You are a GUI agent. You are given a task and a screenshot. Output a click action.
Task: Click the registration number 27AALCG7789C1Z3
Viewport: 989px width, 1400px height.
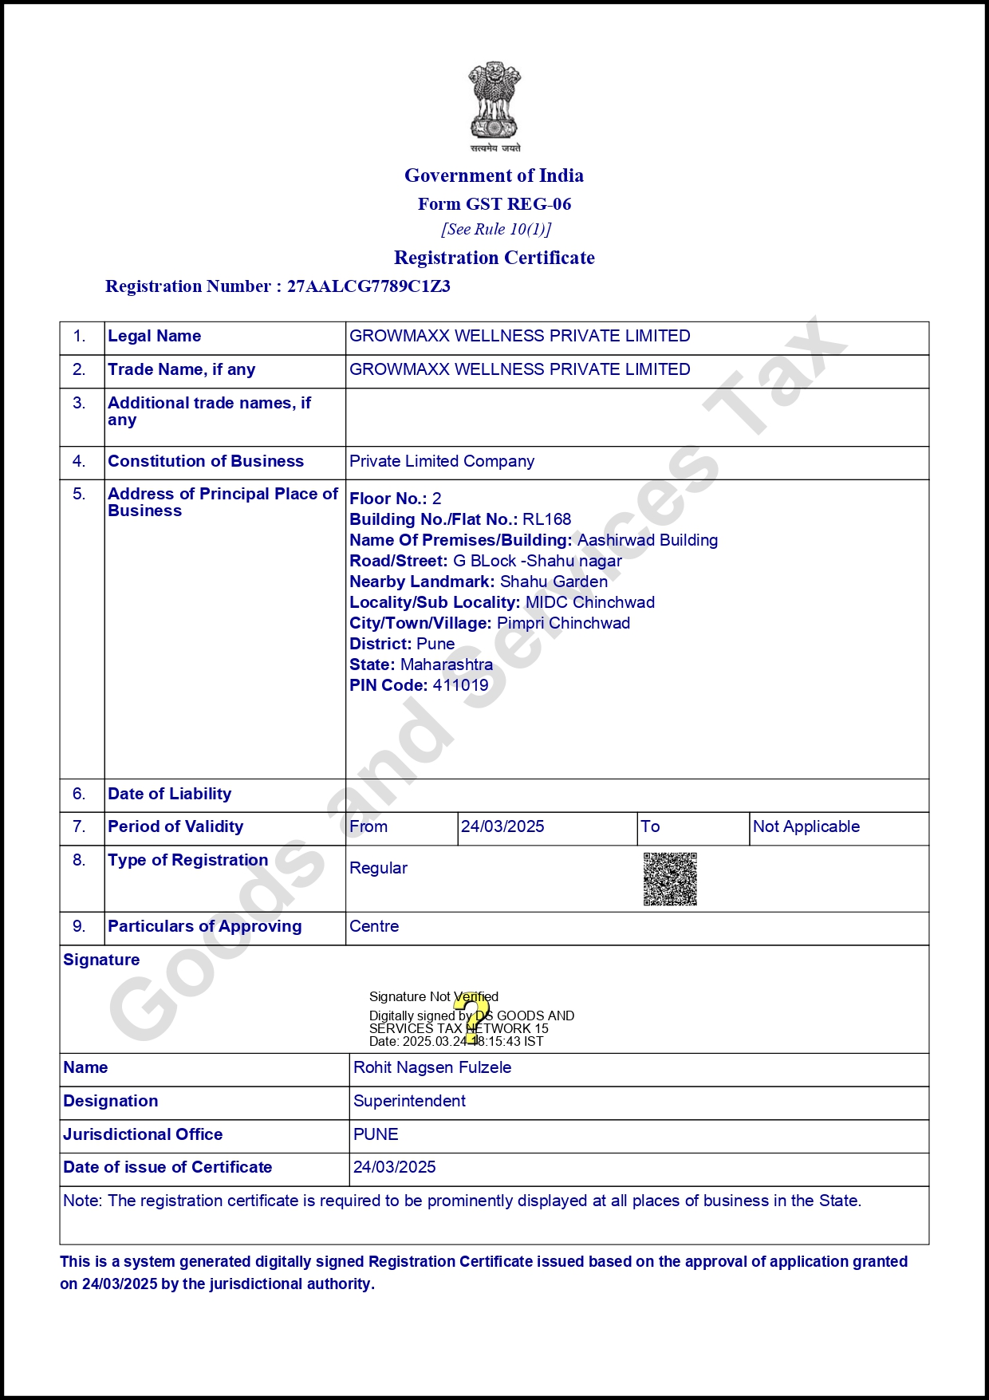(368, 286)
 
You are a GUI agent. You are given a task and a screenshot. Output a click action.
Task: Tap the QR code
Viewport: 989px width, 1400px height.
(670, 879)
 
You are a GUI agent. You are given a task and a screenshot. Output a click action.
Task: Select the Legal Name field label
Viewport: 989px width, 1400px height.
(154, 336)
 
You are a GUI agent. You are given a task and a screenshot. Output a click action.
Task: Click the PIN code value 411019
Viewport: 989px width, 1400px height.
(460, 685)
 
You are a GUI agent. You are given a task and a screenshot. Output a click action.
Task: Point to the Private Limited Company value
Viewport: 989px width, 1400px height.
(442, 461)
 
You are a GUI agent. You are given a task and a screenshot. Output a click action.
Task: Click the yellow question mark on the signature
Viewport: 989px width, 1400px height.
(475, 1018)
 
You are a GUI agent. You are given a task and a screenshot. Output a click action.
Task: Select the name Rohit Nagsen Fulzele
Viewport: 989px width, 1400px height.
(432, 1067)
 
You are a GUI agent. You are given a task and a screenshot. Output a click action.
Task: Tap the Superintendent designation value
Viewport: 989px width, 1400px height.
(409, 1101)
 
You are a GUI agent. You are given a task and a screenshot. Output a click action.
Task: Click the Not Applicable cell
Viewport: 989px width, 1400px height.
(806, 826)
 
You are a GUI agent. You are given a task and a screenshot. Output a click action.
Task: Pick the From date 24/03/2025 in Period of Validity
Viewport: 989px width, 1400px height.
(502, 826)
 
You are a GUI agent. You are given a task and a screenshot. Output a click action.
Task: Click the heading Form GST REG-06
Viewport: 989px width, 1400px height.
(494, 204)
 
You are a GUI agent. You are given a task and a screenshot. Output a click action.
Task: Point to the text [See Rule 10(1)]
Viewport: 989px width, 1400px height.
(496, 229)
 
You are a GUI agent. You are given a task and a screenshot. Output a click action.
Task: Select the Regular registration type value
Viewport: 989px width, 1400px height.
(378, 868)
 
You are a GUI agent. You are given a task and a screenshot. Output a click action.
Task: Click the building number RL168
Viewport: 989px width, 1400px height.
(547, 519)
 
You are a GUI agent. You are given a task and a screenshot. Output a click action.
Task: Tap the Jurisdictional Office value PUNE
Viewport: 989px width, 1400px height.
(376, 1134)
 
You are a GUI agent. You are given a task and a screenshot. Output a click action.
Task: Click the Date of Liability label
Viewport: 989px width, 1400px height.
(169, 794)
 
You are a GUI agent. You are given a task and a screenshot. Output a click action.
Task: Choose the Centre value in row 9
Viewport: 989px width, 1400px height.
(374, 926)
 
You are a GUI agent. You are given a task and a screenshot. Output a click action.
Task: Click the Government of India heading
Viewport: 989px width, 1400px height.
(494, 175)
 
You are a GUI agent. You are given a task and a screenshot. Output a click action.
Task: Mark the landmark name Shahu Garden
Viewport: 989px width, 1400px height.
(554, 582)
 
